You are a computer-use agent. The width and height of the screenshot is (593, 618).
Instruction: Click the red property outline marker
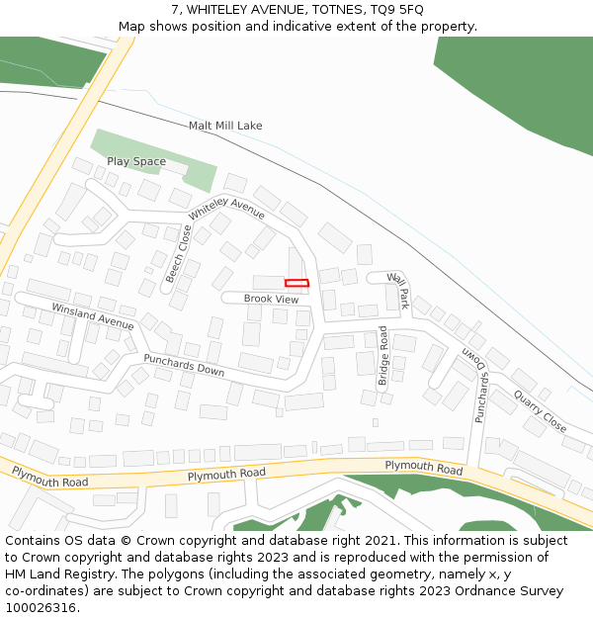click(296, 284)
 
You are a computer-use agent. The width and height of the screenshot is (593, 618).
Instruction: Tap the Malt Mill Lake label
click(225, 126)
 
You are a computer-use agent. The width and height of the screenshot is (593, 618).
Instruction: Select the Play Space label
click(136, 161)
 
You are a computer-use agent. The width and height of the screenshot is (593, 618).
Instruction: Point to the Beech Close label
click(179, 254)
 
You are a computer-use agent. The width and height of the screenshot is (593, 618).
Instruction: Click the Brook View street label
click(271, 299)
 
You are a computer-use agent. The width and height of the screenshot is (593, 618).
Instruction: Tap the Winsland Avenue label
click(92, 316)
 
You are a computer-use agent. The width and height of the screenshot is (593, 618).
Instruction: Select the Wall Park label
click(398, 291)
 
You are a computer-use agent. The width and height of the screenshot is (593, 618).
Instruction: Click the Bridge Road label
click(383, 350)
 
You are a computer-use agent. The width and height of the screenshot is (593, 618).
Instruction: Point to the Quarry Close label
click(540, 410)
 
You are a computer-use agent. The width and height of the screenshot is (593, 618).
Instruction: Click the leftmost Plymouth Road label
click(49, 478)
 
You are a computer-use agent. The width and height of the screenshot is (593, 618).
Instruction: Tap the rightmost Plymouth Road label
click(423, 466)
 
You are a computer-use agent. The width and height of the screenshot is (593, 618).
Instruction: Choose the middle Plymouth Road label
click(226, 475)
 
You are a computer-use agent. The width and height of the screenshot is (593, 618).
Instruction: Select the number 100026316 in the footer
click(40, 608)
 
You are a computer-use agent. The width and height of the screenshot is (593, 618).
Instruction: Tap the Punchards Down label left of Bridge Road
click(184, 365)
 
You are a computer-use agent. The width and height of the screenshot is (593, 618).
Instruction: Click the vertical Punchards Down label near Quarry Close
click(481, 389)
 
